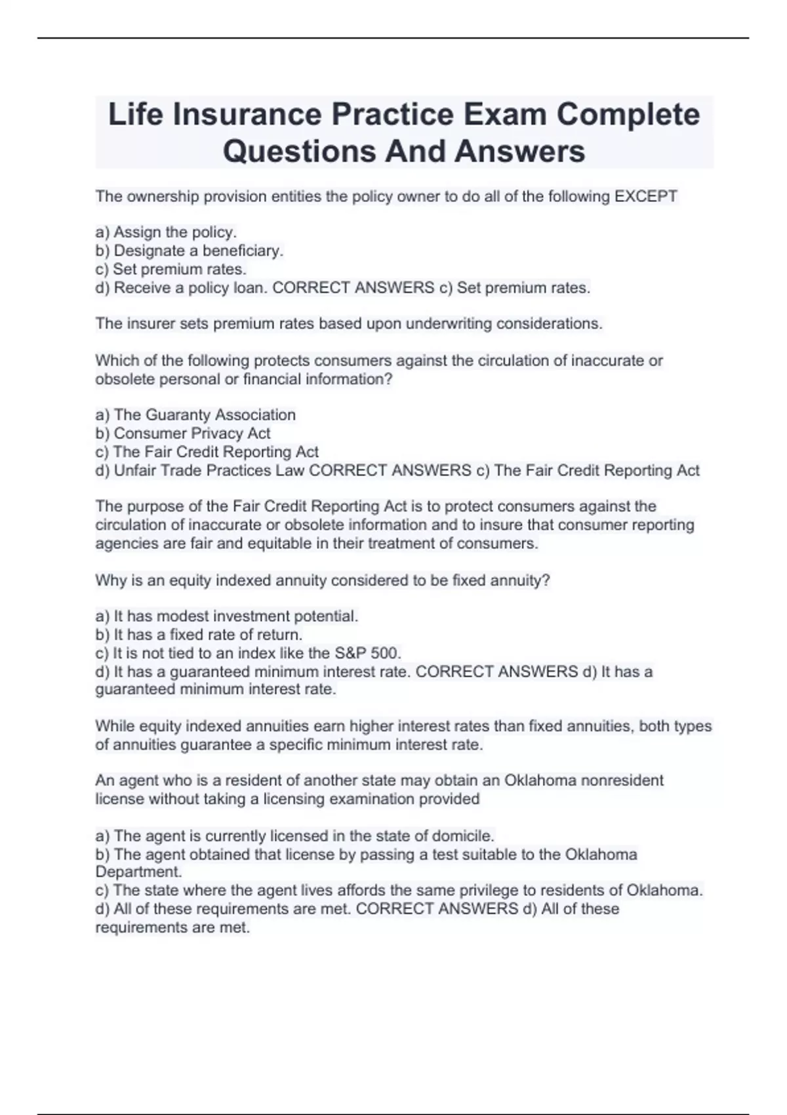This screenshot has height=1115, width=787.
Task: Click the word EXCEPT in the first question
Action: tap(645, 196)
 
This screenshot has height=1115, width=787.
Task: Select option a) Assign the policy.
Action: tap(166, 232)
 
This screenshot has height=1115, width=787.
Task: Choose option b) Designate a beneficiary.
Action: tap(190, 251)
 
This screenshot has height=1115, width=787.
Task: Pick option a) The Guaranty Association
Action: tap(195, 415)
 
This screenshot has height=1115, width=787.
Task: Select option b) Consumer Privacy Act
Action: tap(183, 433)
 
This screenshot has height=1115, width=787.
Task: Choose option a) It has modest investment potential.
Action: tap(227, 617)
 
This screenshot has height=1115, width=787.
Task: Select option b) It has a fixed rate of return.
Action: tap(199, 635)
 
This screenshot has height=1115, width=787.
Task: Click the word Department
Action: tap(137, 872)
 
